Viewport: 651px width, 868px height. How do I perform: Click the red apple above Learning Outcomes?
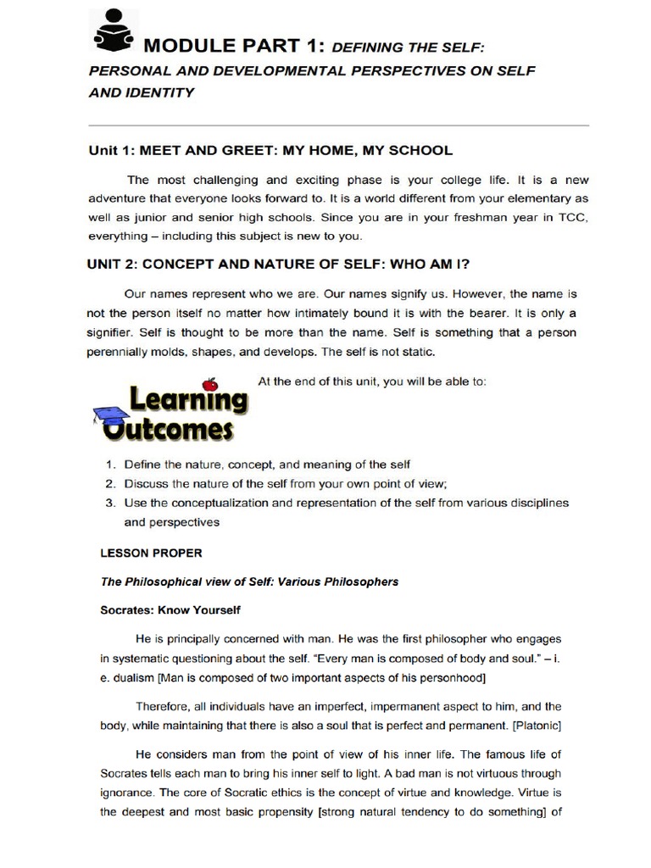pos(211,385)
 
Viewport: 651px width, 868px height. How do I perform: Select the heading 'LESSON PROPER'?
pos(152,554)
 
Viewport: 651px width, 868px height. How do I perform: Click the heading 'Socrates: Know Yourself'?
pos(170,609)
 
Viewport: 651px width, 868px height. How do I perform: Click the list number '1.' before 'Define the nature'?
pos(110,465)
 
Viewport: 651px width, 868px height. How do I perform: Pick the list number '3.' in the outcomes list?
pos(110,503)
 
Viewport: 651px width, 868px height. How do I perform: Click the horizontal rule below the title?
pos(338,125)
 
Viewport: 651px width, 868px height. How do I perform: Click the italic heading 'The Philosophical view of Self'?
pos(249,581)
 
